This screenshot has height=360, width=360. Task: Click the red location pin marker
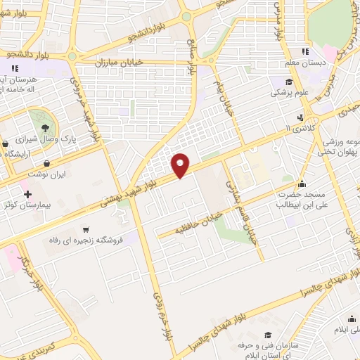pyautogui.click(x=181, y=165)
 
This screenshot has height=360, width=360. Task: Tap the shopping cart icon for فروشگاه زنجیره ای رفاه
pyautogui.click(x=86, y=229)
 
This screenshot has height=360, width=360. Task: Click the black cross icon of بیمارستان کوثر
pyautogui.click(x=27, y=194)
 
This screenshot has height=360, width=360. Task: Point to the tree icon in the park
pyautogui.click(x=46, y=127)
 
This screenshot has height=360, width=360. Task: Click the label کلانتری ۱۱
pyautogui.click(x=290, y=129)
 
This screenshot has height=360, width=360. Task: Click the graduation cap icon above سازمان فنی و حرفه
pyautogui.click(x=267, y=336)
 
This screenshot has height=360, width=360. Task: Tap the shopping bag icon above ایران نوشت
pyautogui.click(x=46, y=163)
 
